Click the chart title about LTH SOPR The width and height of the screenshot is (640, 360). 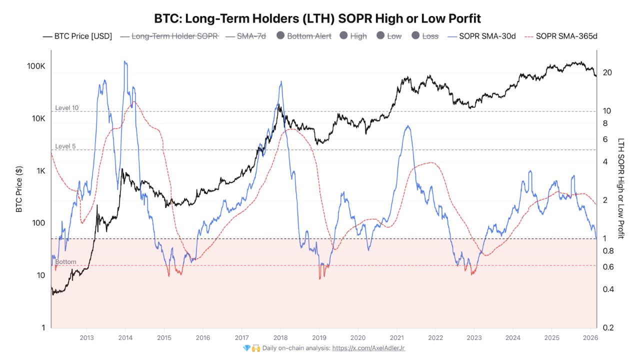[x=317, y=19]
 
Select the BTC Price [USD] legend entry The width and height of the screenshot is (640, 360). [x=77, y=36]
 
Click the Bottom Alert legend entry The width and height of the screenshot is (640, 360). [x=304, y=36]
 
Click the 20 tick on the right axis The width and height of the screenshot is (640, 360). [x=607, y=72]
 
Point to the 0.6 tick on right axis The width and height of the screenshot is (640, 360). [x=608, y=267]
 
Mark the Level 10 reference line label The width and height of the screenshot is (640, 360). [x=66, y=108]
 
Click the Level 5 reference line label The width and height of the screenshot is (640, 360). [x=65, y=146]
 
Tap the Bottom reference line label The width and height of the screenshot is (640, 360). [x=65, y=262]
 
